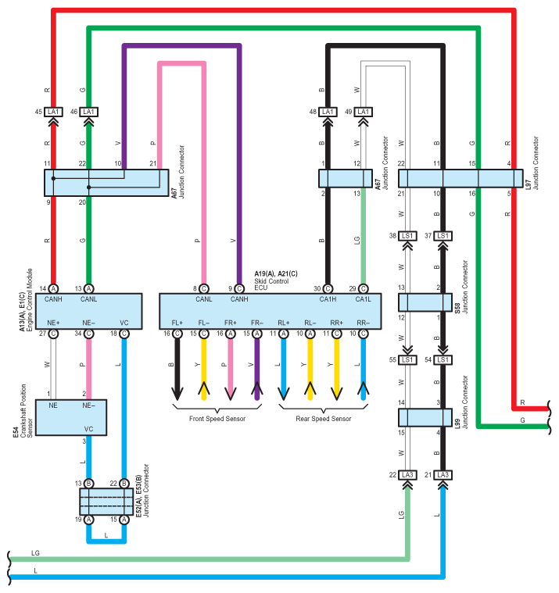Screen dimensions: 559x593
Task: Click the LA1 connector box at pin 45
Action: [x=53, y=112]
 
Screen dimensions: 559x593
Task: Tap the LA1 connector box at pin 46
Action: [x=88, y=112]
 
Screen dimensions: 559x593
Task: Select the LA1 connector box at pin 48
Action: [x=328, y=112]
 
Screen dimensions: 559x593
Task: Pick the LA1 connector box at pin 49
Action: [x=363, y=112]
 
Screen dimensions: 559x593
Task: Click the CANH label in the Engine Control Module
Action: [x=53, y=299]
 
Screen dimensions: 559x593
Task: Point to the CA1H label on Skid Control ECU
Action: [x=328, y=299]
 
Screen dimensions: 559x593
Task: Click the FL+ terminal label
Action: [x=177, y=323]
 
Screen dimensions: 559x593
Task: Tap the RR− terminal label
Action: [x=363, y=323]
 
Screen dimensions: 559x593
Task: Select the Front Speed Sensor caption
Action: [x=217, y=419]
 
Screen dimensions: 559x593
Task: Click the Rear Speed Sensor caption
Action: [x=324, y=419]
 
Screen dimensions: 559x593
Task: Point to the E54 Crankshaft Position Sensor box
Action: [x=71, y=417]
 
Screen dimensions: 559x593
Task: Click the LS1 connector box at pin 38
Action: [x=407, y=236]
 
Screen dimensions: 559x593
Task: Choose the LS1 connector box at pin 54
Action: [x=443, y=359]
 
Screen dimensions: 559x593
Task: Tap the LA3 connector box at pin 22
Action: [x=407, y=475]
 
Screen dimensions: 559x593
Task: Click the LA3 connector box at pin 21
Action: [x=443, y=475]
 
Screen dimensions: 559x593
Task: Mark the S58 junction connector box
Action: [x=425, y=302]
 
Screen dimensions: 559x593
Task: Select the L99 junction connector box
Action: [x=425, y=417]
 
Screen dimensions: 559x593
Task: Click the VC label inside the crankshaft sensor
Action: [x=88, y=429]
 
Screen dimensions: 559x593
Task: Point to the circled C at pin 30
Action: [x=328, y=289]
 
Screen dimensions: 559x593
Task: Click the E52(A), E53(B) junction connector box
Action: [x=106, y=502]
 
